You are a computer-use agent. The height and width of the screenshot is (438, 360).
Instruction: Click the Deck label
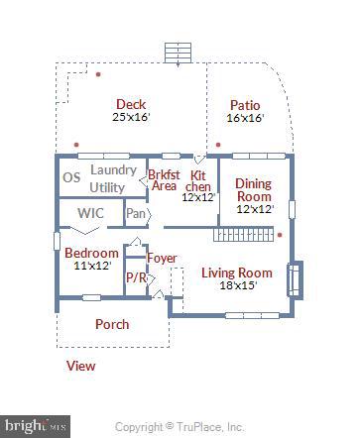(131, 104)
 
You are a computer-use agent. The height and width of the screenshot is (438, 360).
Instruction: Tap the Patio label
(245, 104)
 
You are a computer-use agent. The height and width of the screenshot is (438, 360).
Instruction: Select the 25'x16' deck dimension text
(131, 117)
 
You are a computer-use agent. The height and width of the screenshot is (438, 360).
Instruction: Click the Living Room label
(236, 273)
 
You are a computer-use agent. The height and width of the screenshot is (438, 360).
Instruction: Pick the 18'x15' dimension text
(236, 285)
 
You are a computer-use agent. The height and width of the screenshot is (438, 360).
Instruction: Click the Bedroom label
(91, 253)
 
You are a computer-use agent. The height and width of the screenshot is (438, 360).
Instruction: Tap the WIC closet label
(90, 212)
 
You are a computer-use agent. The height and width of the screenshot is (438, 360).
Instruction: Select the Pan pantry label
(136, 212)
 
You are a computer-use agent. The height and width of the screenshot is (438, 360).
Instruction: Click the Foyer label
(162, 259)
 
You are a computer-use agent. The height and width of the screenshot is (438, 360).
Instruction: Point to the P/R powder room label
(135, 278)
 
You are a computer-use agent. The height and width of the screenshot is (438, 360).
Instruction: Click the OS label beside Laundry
(71, 178)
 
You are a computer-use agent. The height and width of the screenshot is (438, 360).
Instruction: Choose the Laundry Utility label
(107, 178)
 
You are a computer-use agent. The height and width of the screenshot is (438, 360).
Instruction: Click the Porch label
(111, 324)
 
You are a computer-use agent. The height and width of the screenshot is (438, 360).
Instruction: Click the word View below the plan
(80, 366)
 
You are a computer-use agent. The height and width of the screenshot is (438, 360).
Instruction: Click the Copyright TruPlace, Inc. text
(180, 427)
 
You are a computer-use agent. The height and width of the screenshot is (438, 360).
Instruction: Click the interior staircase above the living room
(243, 236)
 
